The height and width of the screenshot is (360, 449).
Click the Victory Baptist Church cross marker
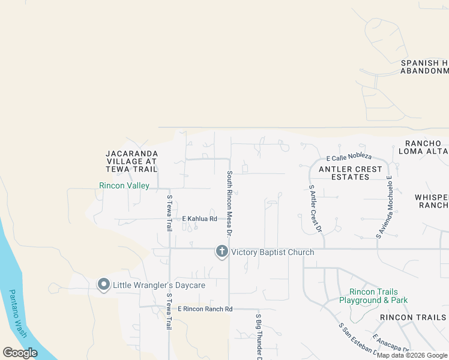tap(221, 251)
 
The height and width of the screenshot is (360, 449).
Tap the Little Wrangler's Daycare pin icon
tap(103, 285)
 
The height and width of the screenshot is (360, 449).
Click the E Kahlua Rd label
tap(199, 219)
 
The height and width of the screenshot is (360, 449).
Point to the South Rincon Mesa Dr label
tap(229, 202)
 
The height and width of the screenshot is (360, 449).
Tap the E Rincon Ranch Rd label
tap(205, 309)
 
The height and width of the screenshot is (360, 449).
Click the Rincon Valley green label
tap(124, 186)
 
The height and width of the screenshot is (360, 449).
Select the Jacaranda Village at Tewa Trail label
tap(131, 161)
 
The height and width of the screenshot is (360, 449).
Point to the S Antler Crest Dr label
tap(315, 208)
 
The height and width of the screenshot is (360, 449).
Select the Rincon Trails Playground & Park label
tap(373, 296)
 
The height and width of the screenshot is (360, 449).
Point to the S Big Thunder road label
tap(259, 336)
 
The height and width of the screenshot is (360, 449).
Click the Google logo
tap(20, 352)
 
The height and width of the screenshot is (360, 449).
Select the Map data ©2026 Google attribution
tap(412, 355)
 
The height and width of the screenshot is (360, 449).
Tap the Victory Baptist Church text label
tap(273, 252)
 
